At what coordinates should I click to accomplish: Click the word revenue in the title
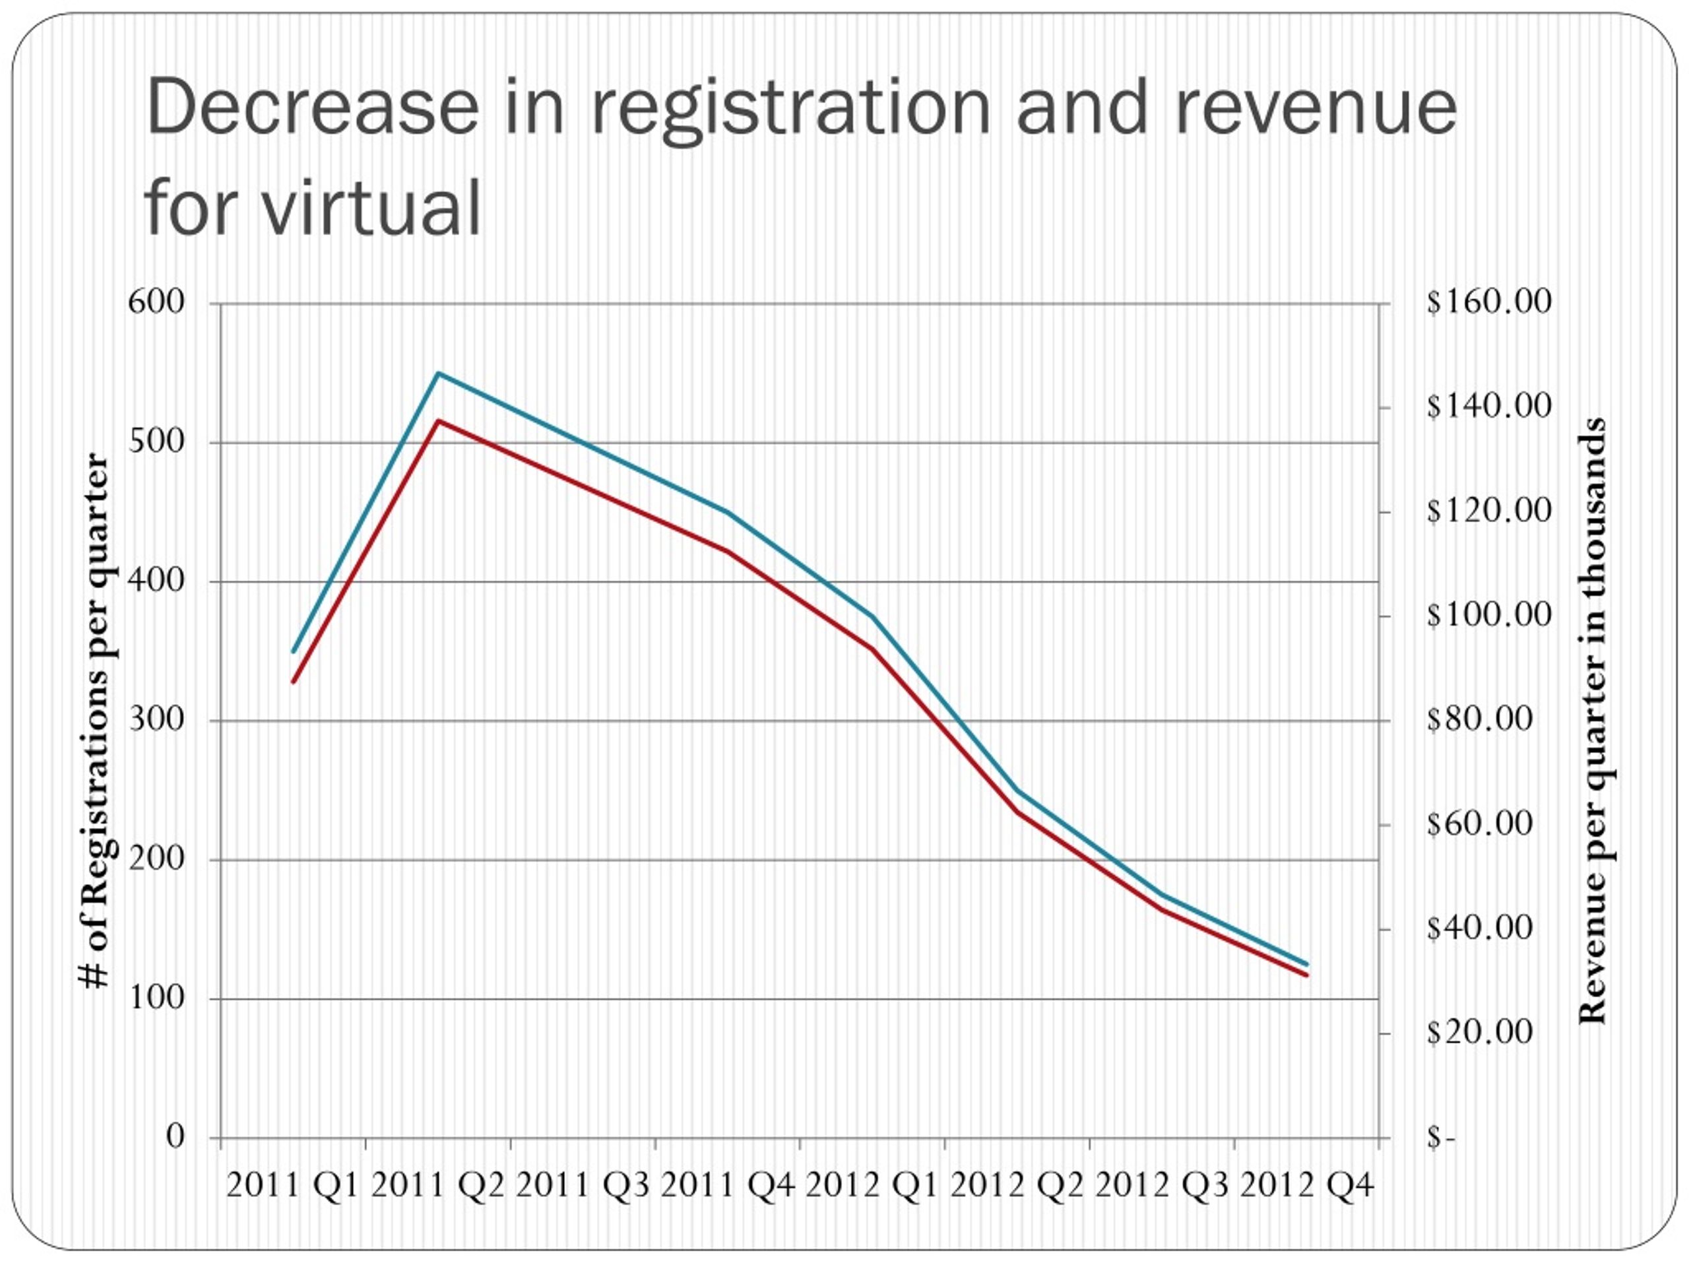pyautogui.click(x=1315, y=107)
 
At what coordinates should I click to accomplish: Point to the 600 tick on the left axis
pyautogui.click(x=156, y=302)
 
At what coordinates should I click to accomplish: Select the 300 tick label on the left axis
pyautogui.click(x=156, y=719)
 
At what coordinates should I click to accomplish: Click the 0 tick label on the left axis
pyautogui.click(x=175, y=1136)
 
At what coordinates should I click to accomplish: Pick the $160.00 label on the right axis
pyautogui.click(x=1489, y=302)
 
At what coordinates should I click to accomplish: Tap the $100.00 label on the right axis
pyautogui.click(x=1489, y=615)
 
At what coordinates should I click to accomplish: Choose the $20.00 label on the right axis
pyautogui.click(x=1479, y=1032)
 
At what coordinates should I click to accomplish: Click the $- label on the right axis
pyautogui.click(x=1441, y=1138)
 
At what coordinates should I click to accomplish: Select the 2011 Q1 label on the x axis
pyautogui.click(x=292, y=1186)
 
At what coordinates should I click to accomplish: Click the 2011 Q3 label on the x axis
pyautogui.click(x=583, y=1186)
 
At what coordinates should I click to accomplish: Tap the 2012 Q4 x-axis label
pyautogui.click(x=1306, y=1186)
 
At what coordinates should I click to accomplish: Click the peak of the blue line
pyautogui.click(x=438, y=374)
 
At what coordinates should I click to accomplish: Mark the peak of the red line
pyautogui.click(x=438, y=421)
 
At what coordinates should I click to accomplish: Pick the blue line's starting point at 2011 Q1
pyautogui.click(x=293, y=651)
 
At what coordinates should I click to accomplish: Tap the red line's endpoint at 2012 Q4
pyautogui.click(x=1307, y=975)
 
